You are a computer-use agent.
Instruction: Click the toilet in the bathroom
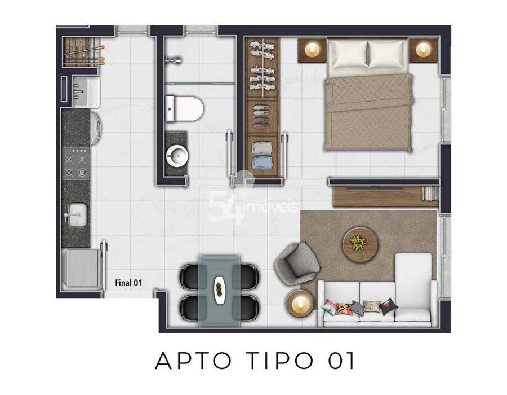185,108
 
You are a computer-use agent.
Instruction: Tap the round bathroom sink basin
176,156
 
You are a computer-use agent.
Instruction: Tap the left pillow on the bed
349,54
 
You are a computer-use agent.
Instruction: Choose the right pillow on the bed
388,54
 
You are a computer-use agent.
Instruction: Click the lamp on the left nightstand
312,50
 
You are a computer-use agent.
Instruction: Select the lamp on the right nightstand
422,50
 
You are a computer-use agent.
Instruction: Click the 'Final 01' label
128,283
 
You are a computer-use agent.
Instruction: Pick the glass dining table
220,291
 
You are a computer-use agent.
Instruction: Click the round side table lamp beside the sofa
300,302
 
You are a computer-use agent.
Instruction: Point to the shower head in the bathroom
174,60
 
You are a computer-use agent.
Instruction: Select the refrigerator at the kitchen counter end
82,268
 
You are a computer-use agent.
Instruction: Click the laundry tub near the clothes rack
86,92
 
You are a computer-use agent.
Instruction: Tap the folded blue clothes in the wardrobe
261,163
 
